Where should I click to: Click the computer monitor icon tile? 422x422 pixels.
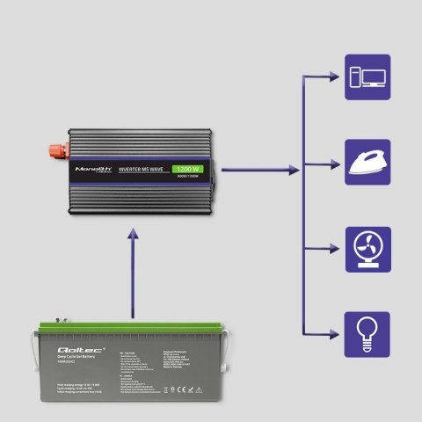click(367, 76)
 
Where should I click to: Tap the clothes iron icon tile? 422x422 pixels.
click(367, 163)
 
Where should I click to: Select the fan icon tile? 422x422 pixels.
click(367, 249)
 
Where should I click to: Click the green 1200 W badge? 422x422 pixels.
click(187, 168)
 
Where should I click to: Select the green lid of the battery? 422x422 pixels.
click(132, 332)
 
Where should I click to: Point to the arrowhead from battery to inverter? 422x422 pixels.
click(132, 235)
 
